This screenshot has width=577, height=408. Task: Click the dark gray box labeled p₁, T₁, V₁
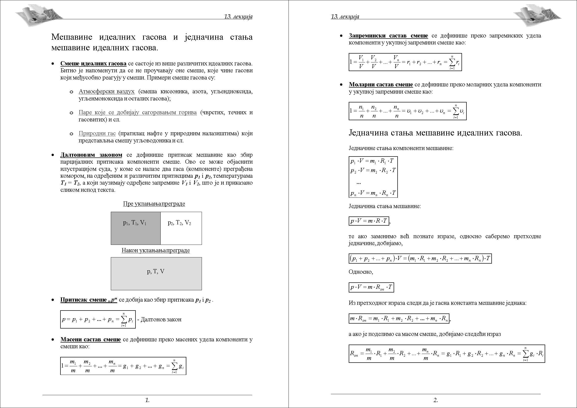tap(135, 228)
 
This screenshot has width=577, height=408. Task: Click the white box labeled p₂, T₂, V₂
tap(181, 228)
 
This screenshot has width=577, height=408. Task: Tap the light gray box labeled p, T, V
tap(156, 273)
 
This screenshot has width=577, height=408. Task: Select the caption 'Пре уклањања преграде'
tap(154, 204)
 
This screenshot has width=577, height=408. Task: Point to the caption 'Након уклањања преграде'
tap(155, 250)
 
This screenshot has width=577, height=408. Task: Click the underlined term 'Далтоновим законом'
tap(91, 155)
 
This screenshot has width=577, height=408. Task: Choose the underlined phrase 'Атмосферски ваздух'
tap(107, 92)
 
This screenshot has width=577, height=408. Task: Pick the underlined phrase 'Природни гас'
tap(97, 134)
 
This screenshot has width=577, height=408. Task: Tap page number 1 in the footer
tap(147, 400)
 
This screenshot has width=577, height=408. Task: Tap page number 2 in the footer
tap(436, 400)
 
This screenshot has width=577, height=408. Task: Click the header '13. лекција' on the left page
tap(238, 17)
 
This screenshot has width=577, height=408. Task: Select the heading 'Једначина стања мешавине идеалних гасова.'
tap(435, 133)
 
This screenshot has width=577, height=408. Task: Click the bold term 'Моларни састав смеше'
tap(381, 85)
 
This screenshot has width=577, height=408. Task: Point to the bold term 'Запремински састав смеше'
tap(388, 36)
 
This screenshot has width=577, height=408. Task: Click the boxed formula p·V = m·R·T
tap(369, 221)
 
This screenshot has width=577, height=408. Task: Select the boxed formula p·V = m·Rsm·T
tap(371, 287)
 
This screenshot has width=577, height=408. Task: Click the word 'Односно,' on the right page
tap(361, 272)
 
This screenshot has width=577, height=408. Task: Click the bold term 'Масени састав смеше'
tap(91, 340)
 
